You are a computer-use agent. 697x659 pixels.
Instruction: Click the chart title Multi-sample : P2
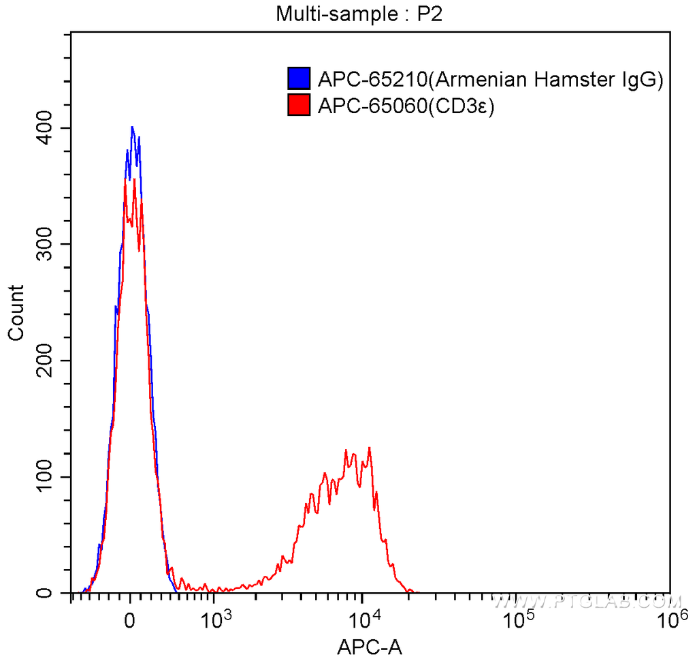click(359, 14)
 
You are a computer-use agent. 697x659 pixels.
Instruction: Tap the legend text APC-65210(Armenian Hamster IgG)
click(490, 80)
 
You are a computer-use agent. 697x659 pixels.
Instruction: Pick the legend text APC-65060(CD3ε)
click(405, 106)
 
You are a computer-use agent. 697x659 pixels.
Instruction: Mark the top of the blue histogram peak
click(132, 126)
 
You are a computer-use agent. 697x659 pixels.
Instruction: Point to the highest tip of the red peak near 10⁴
click(369, 448)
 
